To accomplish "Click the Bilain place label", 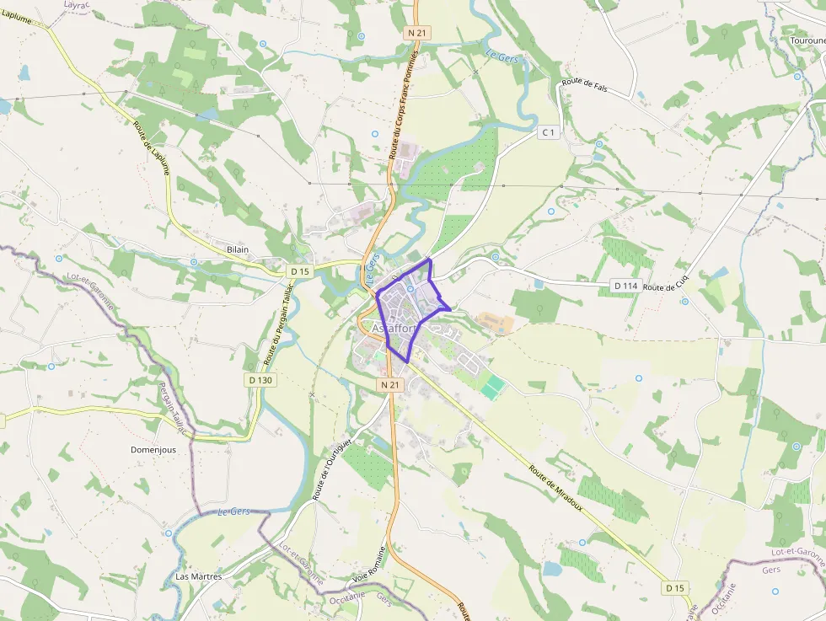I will point(238,250).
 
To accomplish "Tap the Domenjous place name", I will point(153,450).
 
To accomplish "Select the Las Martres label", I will point(198,577).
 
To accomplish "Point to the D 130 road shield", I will point(260,380).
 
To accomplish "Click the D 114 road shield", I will point(625,286).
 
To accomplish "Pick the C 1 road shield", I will point(548,132).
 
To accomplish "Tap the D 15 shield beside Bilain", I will point(299,271).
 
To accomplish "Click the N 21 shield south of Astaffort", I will point(389,384).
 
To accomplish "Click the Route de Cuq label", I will point(667,287).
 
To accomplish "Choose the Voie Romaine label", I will point(372,581).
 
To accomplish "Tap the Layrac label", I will point(78,4).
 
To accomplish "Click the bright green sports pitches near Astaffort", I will point(493,388).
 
